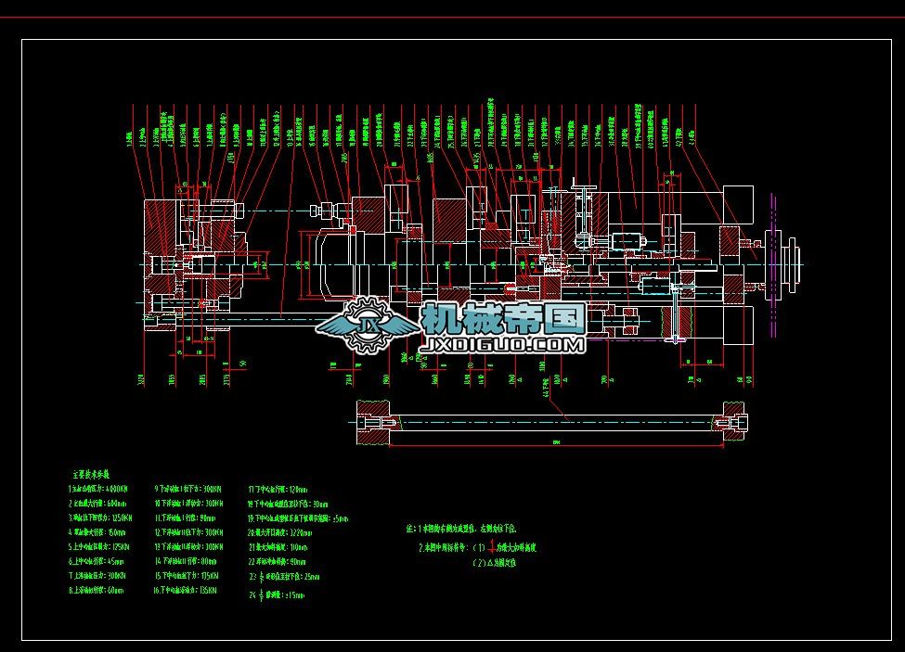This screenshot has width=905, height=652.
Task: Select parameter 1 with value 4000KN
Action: coord(97,488)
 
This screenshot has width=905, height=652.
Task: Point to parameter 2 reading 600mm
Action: coord(96,503)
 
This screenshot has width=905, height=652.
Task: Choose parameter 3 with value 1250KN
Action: coord(97,518)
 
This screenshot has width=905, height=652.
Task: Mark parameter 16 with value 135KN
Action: coord(186,591)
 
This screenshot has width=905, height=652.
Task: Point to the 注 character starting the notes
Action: coord(409,528)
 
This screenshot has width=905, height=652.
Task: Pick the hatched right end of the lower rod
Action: coord(731,423)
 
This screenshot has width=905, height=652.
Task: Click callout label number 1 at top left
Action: coord(128,140)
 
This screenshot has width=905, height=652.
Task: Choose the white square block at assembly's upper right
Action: coord(737,201)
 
